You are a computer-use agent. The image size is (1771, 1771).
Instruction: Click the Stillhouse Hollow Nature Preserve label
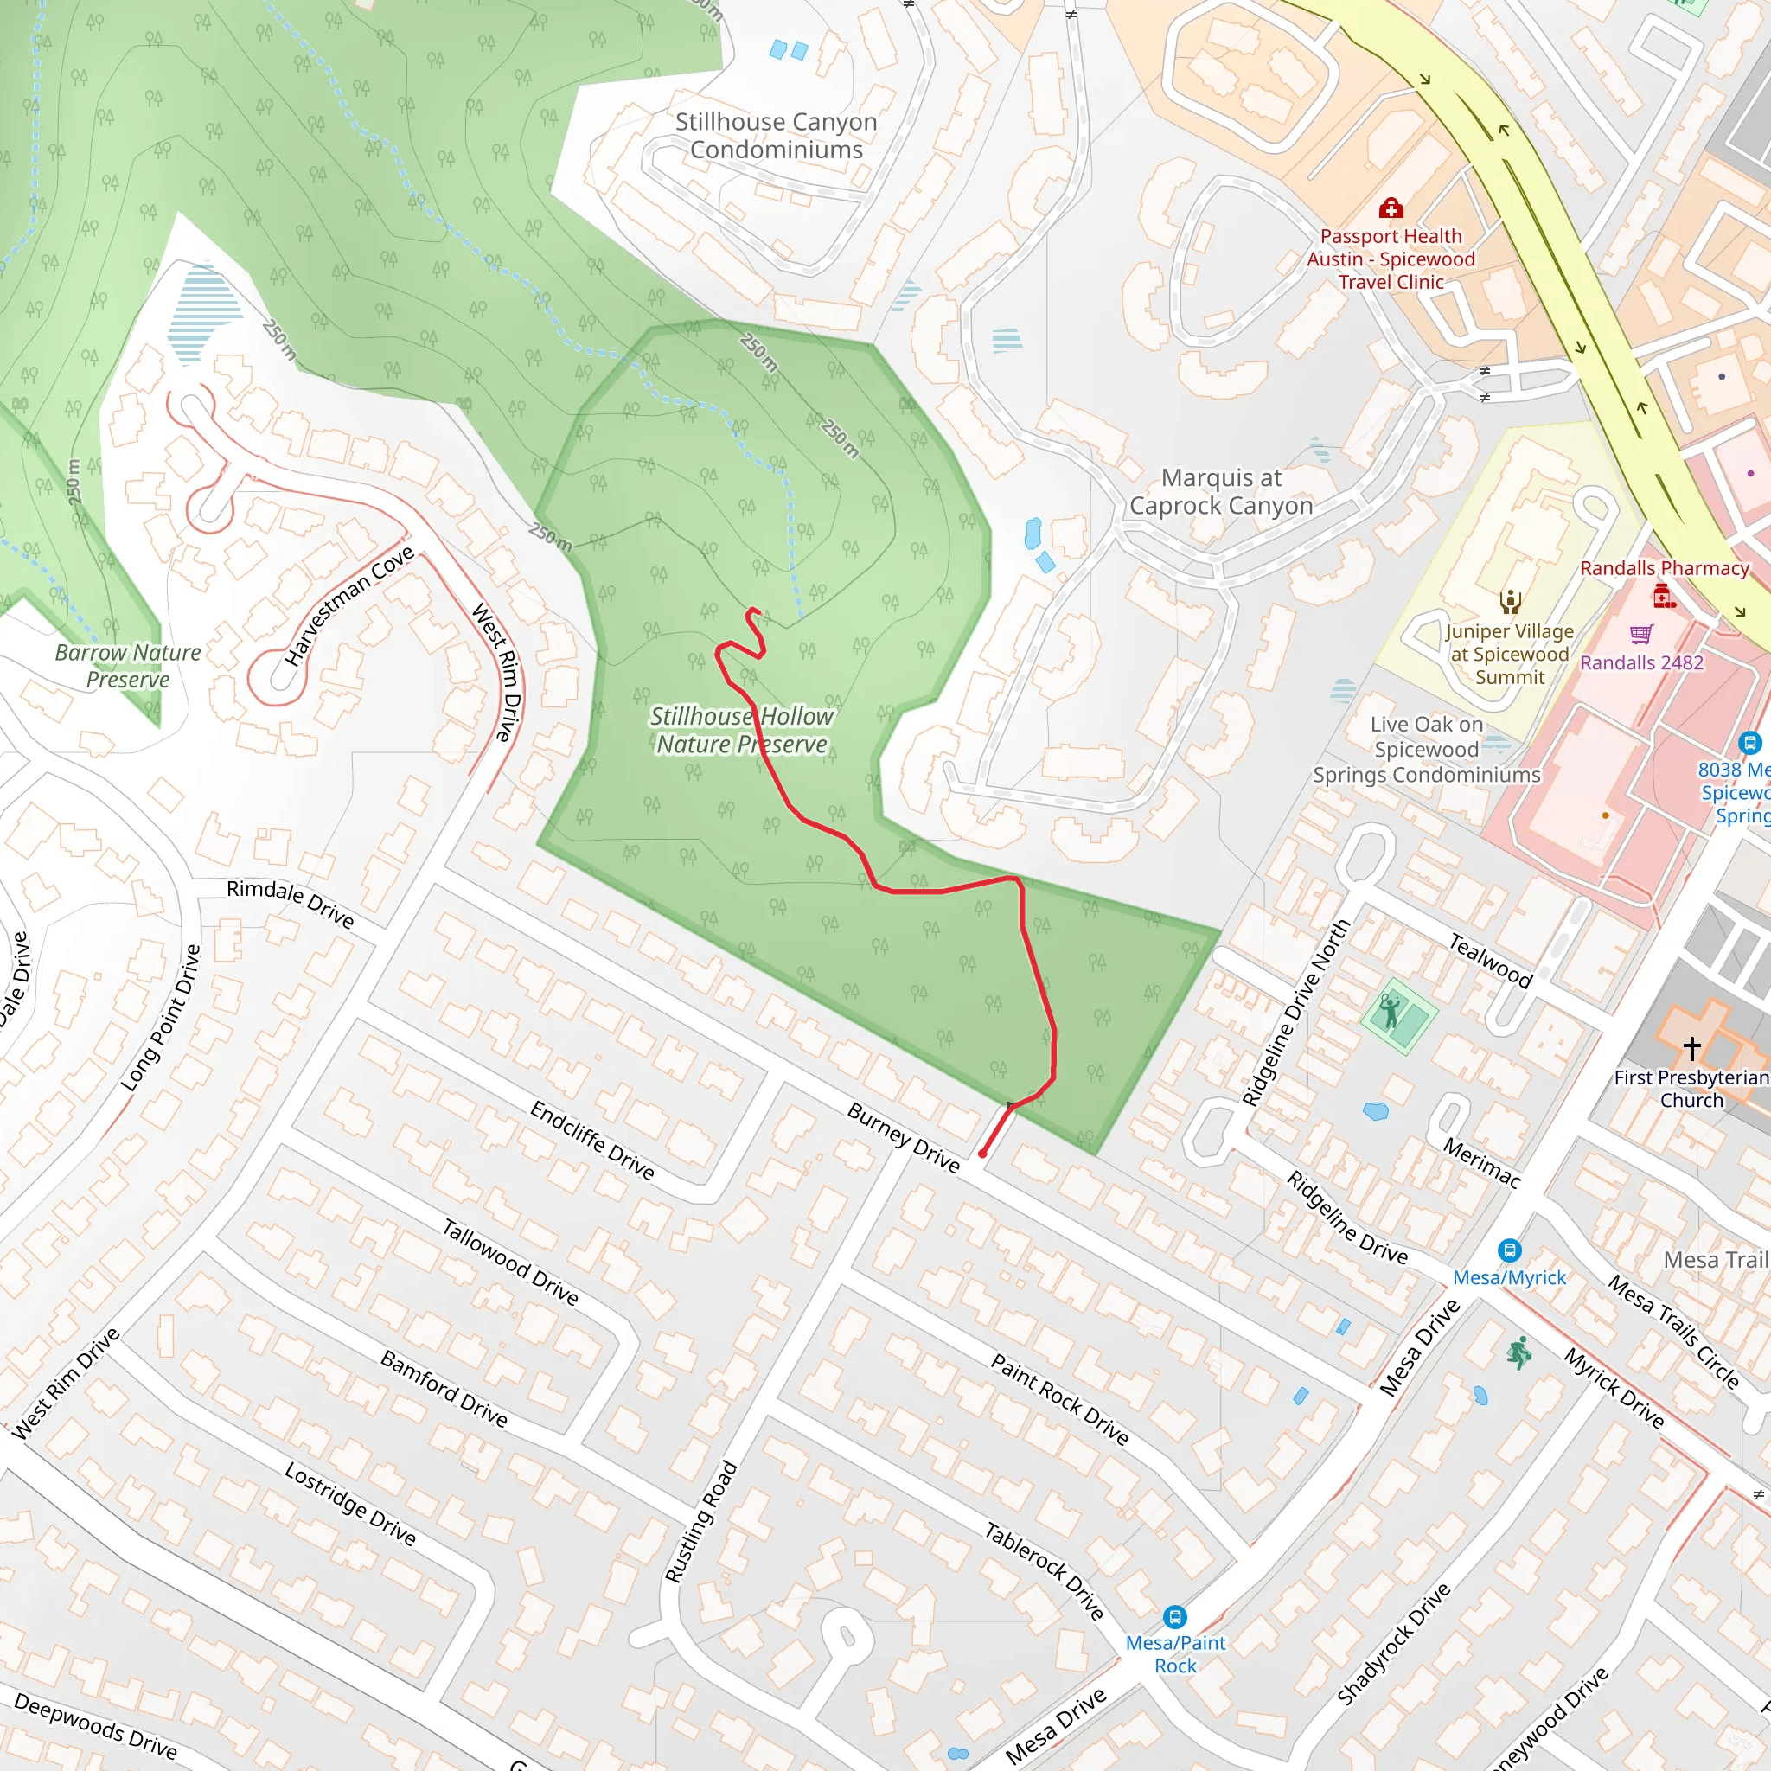click(742, 730)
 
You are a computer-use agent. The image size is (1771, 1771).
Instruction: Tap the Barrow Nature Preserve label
click(127, 666)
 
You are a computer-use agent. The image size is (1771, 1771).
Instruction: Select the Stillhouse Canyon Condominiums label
click(776, 136)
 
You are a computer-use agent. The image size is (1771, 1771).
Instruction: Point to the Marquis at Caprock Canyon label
click(1220, 491)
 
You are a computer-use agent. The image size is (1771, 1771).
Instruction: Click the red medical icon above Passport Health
click(1391, 208)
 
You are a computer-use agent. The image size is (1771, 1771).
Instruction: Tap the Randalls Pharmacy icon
click(1664, 597)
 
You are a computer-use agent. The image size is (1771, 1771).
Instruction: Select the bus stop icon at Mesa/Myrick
click(1509, 1250)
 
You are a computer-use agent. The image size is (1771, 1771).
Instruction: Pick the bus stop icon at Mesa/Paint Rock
click(1174, 1617)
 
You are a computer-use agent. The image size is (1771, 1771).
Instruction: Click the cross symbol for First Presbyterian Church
click(1691, 1047)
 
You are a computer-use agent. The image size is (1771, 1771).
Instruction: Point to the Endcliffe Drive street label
click(592, 1141)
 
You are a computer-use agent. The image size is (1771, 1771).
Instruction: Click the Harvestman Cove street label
click(349, 606)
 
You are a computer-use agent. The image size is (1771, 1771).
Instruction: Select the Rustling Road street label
click(701, 1522)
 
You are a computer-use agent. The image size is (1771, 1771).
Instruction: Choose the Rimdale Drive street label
click(290, 903)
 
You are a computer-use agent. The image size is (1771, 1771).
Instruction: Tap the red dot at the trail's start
click(982, 1154)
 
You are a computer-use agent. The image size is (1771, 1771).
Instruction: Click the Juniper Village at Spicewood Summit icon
click(1510, 602)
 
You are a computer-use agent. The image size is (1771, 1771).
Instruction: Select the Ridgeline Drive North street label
click(1295, 1012)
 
